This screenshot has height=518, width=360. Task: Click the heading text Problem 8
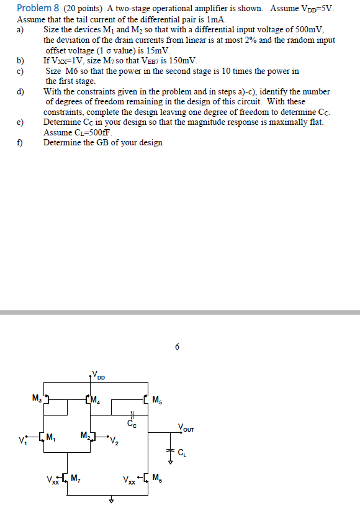[38, 8]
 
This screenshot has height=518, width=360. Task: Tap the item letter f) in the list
[20, 143]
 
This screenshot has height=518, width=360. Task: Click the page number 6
[177, 347]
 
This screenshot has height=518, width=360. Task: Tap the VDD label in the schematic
[99, 375]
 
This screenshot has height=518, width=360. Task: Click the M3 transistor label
[37, 398]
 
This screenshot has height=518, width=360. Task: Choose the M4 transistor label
[95, 400]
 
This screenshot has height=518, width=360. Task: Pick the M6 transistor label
[158, 478]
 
